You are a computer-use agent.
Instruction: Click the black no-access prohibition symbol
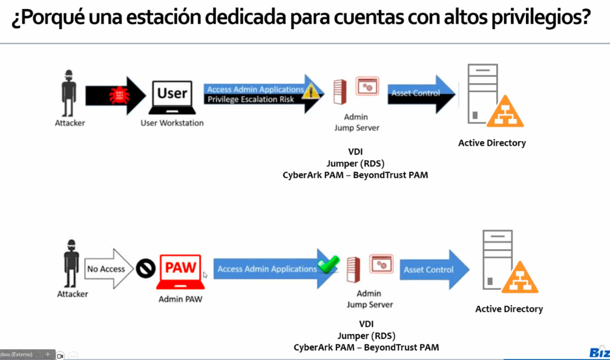145,269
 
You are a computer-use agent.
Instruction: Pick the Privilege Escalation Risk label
250,100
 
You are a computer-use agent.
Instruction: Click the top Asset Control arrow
419,93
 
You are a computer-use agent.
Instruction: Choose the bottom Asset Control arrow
432,269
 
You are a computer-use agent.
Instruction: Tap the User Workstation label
172,123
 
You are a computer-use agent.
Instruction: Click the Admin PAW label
180,299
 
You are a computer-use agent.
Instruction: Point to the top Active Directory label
492,143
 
